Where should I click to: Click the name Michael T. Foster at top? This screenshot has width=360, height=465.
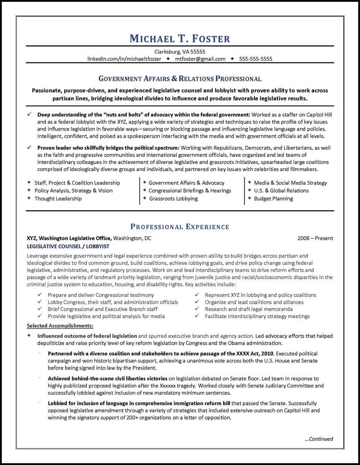pos(180,38)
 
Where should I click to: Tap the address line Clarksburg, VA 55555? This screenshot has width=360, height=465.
pos(180,51)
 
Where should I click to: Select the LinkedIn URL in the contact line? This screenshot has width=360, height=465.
pos(125,59)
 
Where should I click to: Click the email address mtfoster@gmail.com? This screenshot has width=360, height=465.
pos(200,59)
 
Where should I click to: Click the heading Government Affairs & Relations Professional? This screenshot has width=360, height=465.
pos(180,79)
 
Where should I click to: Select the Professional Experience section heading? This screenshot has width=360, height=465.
pos(180,227)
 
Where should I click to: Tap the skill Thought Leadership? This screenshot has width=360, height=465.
pos(58,198)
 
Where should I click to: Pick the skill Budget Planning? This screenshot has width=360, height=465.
pos(274,198)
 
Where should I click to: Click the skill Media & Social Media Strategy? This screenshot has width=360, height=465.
pos(290,183)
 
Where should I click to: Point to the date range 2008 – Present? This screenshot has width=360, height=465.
pos(315,238)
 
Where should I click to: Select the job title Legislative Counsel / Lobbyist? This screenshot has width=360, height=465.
pos(68,246)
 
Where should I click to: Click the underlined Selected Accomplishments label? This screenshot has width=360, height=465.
pos(60,325)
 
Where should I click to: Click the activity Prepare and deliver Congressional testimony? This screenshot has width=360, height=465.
pos(101,295)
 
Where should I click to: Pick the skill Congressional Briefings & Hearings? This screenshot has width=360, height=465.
pos(190,190)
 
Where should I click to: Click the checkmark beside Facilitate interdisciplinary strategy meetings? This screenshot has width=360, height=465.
pos(197,316)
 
